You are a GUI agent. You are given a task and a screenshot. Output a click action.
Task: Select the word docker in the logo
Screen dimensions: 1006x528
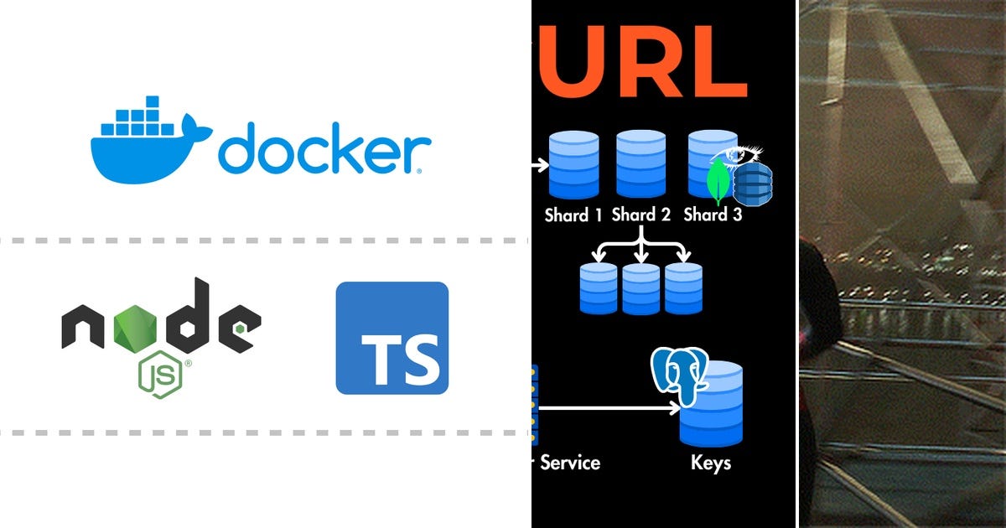324,148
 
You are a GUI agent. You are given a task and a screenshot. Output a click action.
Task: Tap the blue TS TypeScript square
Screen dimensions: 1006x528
392,338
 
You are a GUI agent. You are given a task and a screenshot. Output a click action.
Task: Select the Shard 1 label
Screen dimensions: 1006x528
573,215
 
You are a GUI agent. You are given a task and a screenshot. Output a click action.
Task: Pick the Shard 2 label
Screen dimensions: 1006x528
640,215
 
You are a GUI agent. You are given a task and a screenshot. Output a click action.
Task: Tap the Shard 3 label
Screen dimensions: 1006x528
713,215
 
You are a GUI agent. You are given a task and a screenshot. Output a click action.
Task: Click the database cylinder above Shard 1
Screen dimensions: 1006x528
574,164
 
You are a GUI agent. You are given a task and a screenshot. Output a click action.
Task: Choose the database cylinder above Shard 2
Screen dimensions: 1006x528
640,164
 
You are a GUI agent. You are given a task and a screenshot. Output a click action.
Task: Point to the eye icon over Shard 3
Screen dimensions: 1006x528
737,155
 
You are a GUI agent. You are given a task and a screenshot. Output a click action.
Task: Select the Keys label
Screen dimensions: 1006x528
711,463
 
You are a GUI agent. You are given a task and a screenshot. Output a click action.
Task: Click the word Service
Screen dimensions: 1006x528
570,463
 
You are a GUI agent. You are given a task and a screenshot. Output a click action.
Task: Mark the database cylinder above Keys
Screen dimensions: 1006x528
711,404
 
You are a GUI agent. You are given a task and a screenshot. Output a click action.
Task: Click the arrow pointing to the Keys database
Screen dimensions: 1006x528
609,408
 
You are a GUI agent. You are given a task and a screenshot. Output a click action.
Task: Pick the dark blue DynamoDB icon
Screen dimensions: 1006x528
753,184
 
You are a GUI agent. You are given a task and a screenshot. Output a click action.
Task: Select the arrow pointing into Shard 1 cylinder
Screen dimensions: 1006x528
540,165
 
